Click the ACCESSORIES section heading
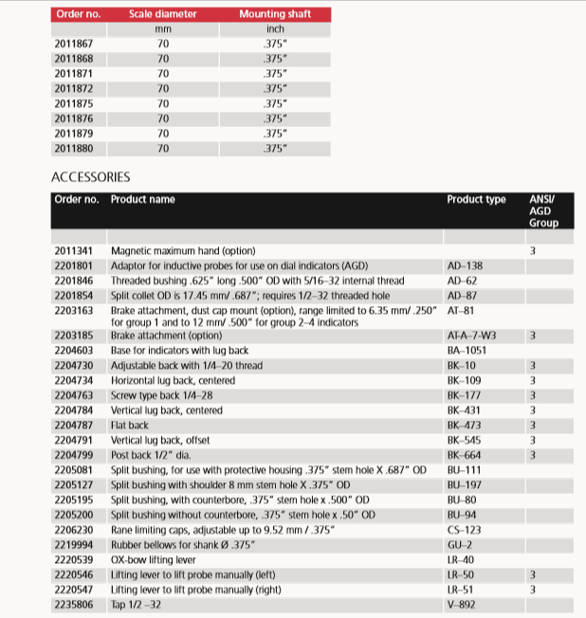pyautogui.click(x=90, y=177)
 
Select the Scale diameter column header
pyautogui.click(x=163, y=14)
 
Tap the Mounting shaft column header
pyautogui.click(x=275, y=14)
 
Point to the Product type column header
pyautogui.click(x=476, y=200)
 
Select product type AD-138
pyautogui.click(x=465, y=266)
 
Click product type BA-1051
pyautogui.click(x=467, y=351)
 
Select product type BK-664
pyautogui.click(x=465, y=455)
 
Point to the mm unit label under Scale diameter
pyautogui.click(x=162, y=29)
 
